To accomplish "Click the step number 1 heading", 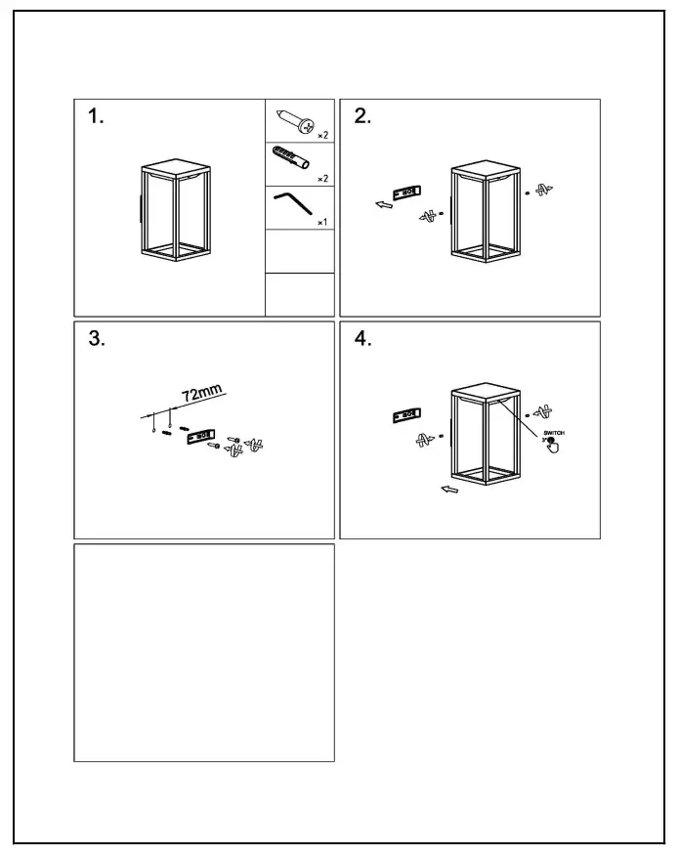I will click(x=95, y=117).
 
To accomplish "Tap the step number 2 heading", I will click(x=362, y=117).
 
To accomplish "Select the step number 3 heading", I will click(x=96, y=339).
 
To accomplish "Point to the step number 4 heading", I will click(x=362, y=339).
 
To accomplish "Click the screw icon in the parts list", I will click(x=294, y=121).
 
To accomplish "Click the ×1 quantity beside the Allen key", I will click(x=321, y=224).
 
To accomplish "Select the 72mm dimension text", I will click(x=203, y=394).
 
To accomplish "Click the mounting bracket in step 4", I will click(x=404, y=415).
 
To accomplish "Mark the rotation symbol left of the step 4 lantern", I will click(x=423, y=440).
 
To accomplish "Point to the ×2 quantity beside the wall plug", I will click(x=321, y=180).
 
